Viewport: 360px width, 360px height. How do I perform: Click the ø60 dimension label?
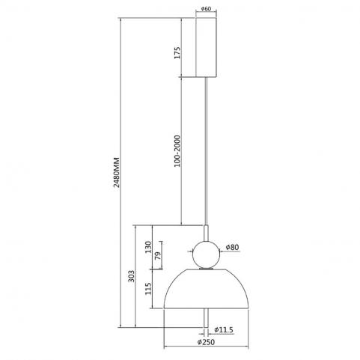206,9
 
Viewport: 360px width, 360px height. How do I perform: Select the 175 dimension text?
177,52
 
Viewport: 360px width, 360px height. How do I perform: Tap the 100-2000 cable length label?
177,151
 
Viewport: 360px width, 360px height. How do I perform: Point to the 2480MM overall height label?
116,172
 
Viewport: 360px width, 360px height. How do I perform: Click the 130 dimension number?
148,247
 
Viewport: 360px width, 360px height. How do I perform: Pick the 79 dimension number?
158,256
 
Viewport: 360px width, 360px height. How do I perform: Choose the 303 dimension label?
131,276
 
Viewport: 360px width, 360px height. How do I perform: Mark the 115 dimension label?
148,289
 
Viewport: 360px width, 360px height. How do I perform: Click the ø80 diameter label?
232,247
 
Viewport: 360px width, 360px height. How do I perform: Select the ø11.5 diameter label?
224,330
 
